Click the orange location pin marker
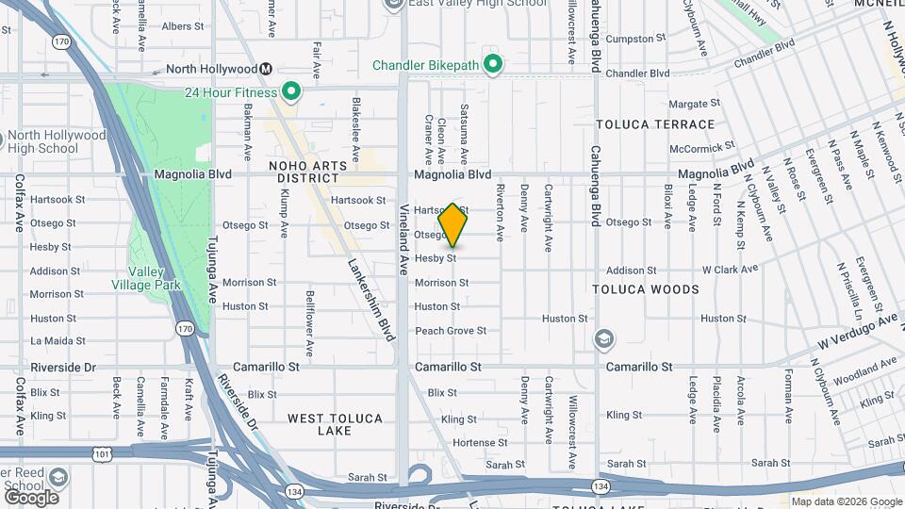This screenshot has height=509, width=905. click(x=452, y=225)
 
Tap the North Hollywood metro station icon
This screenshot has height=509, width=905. click(x=267, y=69)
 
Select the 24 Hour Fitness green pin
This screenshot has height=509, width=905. click(x=291, y=92)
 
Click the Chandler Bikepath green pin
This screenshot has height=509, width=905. click(x=491, y=65)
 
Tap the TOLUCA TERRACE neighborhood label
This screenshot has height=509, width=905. click(x=655, y=124)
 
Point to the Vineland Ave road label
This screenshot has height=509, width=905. click(x=404, y=239)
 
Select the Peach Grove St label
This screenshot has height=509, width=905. click(x=451, y=331)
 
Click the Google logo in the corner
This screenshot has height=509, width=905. click(x=31, y=497)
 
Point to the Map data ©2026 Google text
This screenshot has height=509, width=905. click(x=846, y=501)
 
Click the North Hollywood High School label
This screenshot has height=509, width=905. click(x=57, y=141)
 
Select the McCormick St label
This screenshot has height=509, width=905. click(x=701, y=148)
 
